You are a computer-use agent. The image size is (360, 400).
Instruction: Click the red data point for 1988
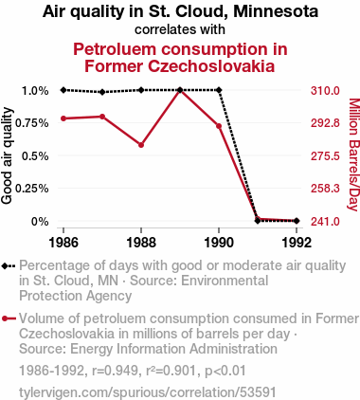(141, 145)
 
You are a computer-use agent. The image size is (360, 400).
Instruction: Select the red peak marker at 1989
(180, 91)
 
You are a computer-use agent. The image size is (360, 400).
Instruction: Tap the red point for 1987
(102, 117)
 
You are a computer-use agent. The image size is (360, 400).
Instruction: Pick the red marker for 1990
(219, 126)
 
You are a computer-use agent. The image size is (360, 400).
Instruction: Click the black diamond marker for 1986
(63, 90)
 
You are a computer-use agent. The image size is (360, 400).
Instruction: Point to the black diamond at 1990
(219, 90)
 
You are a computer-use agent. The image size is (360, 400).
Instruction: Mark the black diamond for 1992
(297, 221)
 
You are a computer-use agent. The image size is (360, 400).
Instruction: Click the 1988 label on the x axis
(141, 243)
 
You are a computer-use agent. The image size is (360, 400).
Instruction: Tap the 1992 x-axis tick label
(297, 243)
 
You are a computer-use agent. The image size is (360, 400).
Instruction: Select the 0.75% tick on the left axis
(32, 123)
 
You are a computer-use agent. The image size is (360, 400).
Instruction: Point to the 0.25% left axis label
(32, 189)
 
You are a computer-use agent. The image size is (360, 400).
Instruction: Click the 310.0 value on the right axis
(325, 91)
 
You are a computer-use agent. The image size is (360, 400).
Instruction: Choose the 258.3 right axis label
(325, 189)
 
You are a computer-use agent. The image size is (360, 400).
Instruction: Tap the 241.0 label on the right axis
(325, 222)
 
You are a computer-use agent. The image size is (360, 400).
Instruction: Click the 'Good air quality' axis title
(7, 155)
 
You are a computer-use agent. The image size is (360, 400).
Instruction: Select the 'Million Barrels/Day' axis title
(353, 155)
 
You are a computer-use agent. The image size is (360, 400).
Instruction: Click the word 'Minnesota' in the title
(276, 11)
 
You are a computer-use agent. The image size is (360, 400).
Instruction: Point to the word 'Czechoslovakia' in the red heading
(212, 66)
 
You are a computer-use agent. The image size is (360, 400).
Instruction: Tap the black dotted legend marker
(9, 266)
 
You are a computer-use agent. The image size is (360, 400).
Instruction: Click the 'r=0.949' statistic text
(117, 371)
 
